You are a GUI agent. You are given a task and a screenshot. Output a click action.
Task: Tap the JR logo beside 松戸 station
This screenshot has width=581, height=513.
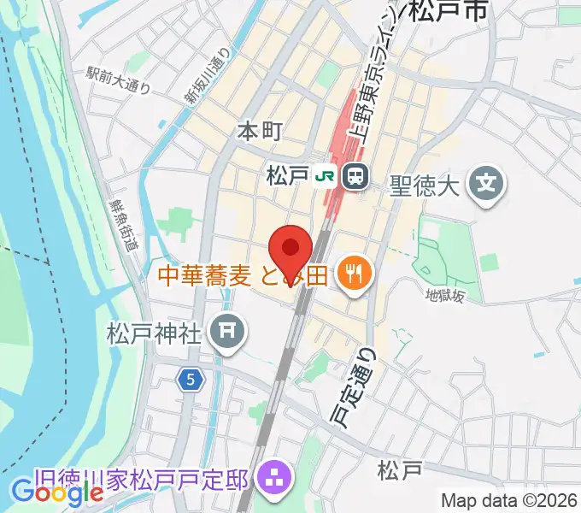click(325, 177)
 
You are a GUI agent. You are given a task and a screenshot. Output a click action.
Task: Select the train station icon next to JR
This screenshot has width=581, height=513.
click(354, 177)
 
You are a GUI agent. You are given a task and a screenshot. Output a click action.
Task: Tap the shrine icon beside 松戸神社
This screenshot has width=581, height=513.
click(227, 331)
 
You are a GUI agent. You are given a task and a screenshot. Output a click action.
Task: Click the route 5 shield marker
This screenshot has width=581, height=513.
click(190, 378)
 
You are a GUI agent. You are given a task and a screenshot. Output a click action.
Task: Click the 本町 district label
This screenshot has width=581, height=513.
click(258, 132)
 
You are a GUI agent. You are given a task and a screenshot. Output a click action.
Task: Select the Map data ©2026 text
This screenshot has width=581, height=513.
click(510, 500)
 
